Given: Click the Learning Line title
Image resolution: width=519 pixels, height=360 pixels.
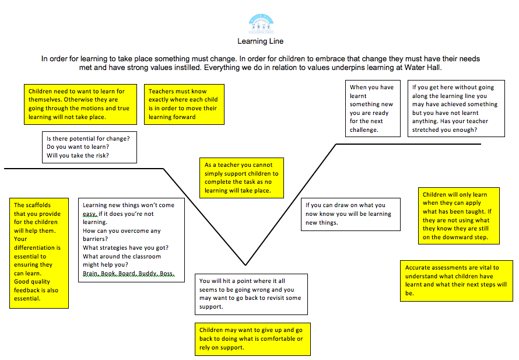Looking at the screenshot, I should pyautogui.click(x=260, y=41).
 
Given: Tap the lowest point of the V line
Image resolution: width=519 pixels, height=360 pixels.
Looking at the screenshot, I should pyautogui.click(x=246, y=264).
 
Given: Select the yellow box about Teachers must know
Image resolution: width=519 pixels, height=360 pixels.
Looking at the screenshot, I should pyautogui.click(x=184, y=104).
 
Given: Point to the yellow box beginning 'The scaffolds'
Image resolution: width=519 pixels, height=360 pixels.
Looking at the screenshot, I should pyautogui.click(x=39, y=252).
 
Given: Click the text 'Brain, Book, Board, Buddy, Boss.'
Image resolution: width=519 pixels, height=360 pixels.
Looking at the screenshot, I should pyautogui.click(x=128, y=274).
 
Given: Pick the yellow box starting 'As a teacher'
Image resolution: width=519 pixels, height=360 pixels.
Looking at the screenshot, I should pyautogui.click(x=241, y=177).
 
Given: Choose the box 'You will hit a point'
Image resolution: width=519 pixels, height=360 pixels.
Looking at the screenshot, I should pyautogui.click(x=251, y=293).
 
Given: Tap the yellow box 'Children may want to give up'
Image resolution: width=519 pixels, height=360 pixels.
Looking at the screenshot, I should pyautogui.click(x=252, y=338).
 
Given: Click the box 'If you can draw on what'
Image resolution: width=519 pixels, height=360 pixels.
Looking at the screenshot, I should pyautogui.click(x=350, y=214).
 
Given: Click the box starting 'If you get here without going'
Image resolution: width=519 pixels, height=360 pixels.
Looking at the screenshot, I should pyautogui.click(x=456, y=109).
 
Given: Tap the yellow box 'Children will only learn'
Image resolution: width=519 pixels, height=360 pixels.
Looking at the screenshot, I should pyautogui.click(x=461, y=216).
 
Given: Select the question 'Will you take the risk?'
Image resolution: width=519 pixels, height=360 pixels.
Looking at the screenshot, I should pyautogui.click(x=78, y=156).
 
